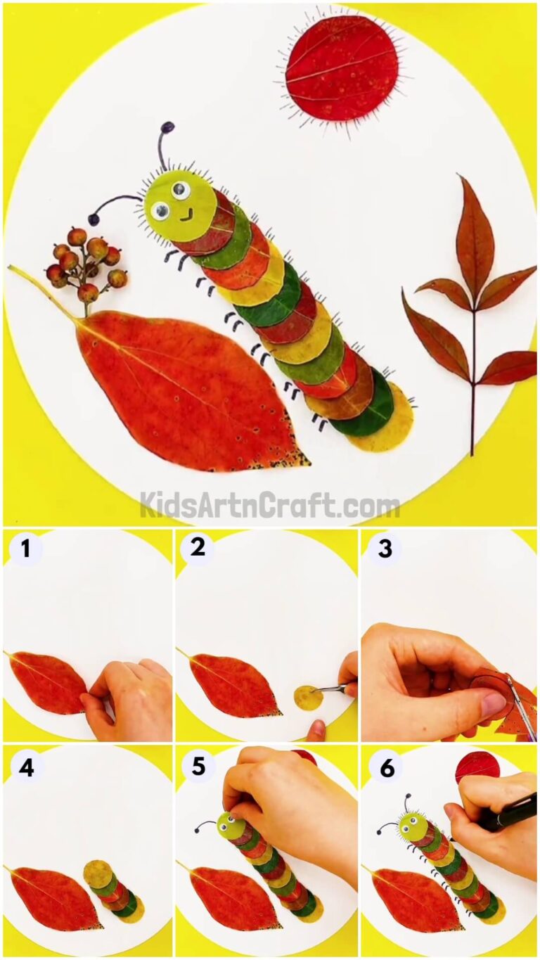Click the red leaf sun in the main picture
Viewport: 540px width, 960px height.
click(342, 68)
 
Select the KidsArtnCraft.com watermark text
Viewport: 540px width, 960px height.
click(269, 505)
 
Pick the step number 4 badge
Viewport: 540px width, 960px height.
click(26, 767)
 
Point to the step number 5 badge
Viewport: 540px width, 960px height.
click(198, 767)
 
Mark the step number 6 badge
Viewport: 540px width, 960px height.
click(387, 767)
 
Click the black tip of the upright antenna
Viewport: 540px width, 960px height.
click(167, 127)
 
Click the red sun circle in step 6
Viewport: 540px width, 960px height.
click(476, 767)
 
